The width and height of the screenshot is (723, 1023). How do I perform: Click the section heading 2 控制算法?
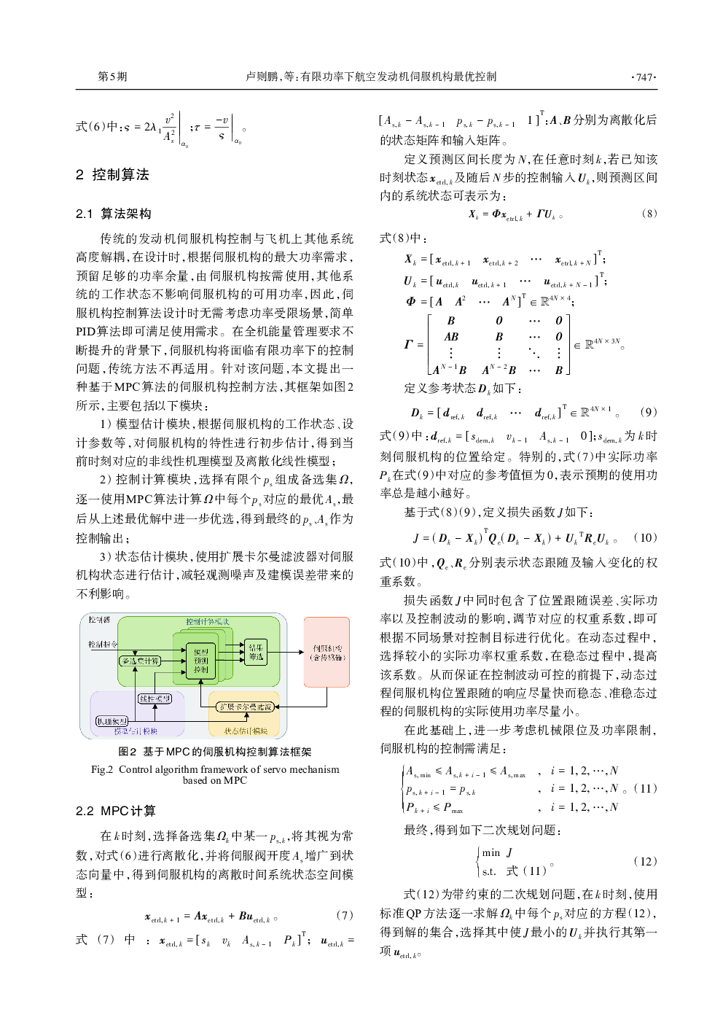pos(112,175)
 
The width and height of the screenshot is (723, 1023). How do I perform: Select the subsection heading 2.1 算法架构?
pos(114,214)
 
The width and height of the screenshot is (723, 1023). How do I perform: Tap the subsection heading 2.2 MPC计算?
pos(116,811)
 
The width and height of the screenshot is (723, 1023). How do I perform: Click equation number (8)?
pos(649,214)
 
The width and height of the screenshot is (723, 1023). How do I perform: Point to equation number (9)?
pos(648,413)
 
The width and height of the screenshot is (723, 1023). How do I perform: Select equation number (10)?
pos(645,538)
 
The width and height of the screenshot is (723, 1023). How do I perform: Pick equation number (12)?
pos(646,861)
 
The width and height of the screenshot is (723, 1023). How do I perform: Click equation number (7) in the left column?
pos(344,915)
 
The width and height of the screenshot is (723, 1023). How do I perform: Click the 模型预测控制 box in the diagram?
pos(200,661)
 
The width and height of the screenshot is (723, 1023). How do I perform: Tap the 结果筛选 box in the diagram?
pos(256,651)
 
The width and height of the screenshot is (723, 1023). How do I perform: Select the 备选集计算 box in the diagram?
pos(140,661)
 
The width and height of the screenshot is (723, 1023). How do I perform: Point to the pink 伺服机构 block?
pos(327,652)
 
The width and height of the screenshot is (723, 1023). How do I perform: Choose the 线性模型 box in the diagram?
pos(155,699)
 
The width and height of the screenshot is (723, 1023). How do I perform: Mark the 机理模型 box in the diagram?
pos(112,721)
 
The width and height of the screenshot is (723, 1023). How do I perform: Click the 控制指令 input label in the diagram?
pos(102,644)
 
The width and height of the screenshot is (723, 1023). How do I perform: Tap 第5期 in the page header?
pos(112,77)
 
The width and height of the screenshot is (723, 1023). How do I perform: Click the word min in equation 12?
pos(491,852)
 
